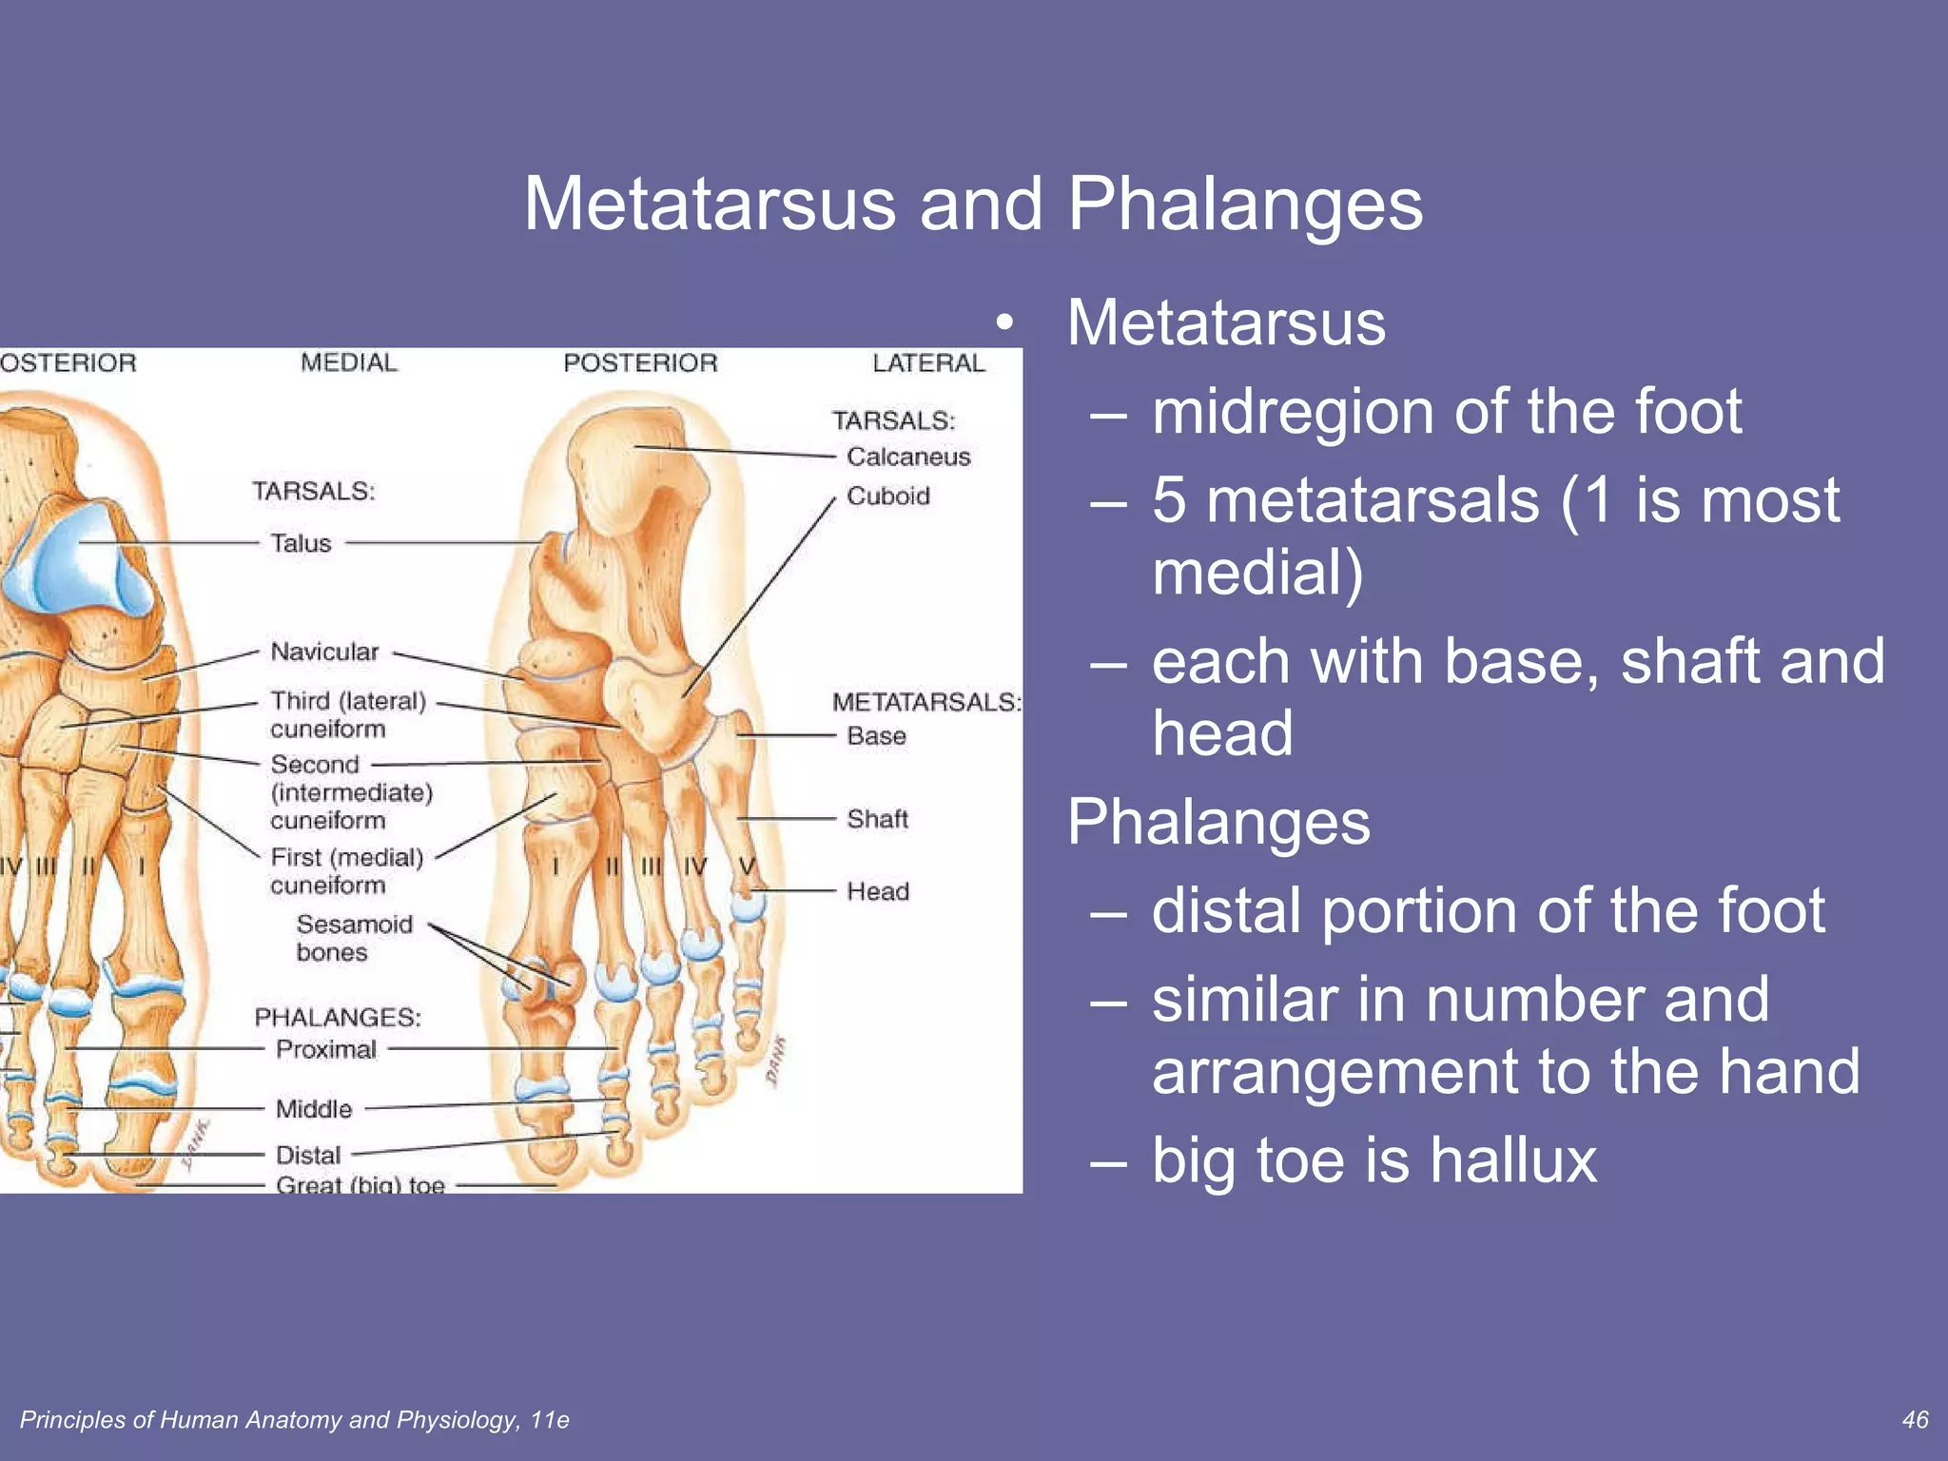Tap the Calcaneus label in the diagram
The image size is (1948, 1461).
point(908,458)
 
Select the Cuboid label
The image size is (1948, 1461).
point(887,497)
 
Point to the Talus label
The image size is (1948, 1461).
point(301,543)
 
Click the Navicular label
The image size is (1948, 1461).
point(324,653)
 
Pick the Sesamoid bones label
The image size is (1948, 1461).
point(354,938)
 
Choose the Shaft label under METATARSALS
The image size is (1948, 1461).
point(877,819)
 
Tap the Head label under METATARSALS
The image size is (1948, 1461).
point(877,891)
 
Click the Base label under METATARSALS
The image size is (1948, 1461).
point(876,736)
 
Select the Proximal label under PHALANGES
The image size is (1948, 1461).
point(326,1049)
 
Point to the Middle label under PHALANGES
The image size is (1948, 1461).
point(314,1109)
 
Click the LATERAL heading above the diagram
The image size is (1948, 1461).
point(928,363)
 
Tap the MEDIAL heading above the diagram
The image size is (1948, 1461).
point(349,363)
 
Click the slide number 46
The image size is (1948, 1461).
point(1915,1420)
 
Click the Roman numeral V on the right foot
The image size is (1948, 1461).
point(748,867)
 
